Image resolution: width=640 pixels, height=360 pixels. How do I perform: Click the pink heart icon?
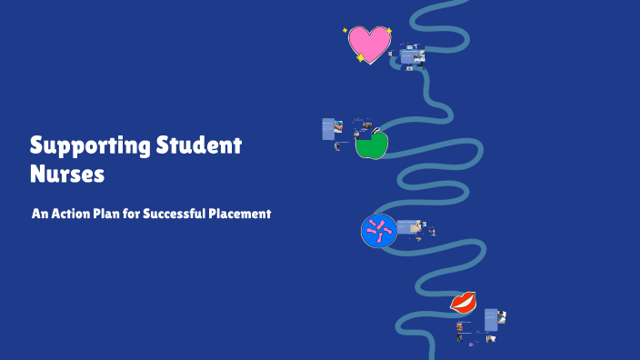click(369, 44)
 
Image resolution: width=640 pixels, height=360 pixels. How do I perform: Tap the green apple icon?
click(371, 145)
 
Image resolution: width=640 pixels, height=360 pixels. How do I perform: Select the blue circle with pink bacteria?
click(378, 231)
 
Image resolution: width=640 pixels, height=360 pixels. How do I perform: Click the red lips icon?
click(464, 301)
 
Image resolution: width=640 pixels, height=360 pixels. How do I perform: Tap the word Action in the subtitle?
click(74, 215)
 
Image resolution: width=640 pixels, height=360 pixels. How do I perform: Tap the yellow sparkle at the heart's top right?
click(389, 31)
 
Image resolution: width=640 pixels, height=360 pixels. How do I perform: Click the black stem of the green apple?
click(375, 131)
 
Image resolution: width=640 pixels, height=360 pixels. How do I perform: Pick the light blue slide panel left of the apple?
click(328, 129)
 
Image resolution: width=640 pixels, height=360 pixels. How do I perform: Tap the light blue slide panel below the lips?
click(491, 319)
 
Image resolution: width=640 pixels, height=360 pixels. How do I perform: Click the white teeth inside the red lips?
click(464, 302)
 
